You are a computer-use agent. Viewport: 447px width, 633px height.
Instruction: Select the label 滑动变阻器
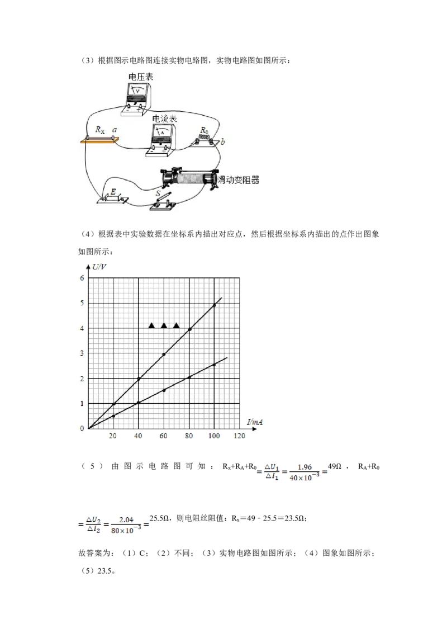coord(239,180)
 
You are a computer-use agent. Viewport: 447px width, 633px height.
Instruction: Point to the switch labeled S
coord(163,201)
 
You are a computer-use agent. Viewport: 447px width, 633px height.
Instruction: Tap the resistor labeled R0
coord(205,140)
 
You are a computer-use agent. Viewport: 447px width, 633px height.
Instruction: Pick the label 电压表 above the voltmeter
coord(141,77)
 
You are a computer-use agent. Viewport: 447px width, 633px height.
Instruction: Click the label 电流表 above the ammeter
coord(164,119)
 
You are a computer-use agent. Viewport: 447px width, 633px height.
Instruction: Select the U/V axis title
coord(99,267)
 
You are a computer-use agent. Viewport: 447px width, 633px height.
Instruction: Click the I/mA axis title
coord(255,422)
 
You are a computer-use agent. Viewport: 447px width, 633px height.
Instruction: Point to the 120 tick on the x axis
coord(239,436)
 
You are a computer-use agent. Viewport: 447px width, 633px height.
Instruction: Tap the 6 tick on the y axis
coord(82,278)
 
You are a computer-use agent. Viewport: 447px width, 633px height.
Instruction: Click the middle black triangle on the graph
coord(164,325)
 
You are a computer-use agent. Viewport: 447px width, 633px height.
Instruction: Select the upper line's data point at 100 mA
coord(214,305)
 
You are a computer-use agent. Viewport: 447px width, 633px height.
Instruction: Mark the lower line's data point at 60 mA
coord(164,390)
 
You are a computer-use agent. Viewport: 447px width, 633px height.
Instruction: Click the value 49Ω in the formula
coord(335,466)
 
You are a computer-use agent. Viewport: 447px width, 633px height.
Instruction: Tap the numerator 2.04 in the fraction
coord(126,520)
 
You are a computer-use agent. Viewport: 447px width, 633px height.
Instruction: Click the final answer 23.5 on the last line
coord(104,571)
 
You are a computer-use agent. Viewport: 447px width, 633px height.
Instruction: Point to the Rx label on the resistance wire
coord(99,130)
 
